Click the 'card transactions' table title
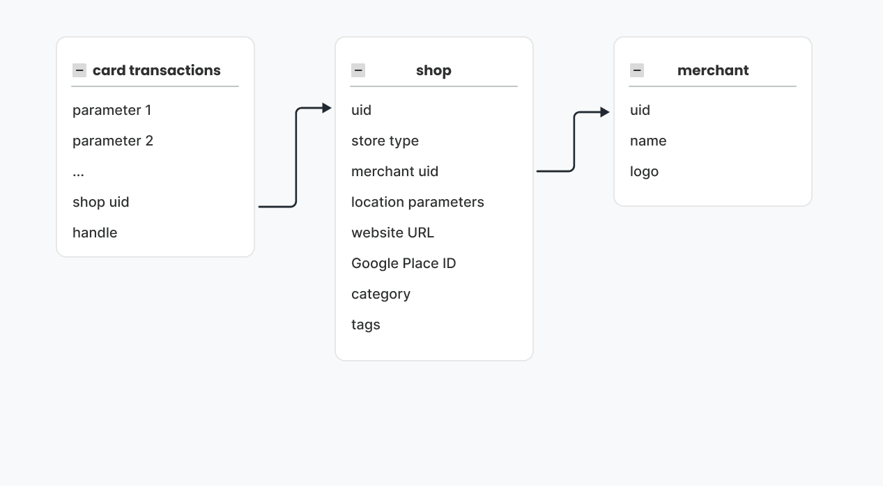pos(156,70)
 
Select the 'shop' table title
pos(433,70)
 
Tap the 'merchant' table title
pos(713,70)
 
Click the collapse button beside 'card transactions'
pos(79,70)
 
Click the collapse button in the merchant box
pos(637,70)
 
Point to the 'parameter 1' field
pos(112,110)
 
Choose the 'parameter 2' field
pos(113,141)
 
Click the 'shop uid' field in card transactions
pos(101,202)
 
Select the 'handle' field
pos(95,233)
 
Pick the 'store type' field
pos(385,141)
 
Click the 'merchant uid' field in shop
pos(394,171)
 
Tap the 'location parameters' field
pos(417,202)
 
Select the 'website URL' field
pos(392,233)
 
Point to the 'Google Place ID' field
pos(404,263)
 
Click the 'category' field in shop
pos(381,294)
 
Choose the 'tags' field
pos(366,324)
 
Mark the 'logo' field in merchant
pos(644,171)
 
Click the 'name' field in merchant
pos(648,141)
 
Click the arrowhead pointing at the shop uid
pos(327,108)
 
